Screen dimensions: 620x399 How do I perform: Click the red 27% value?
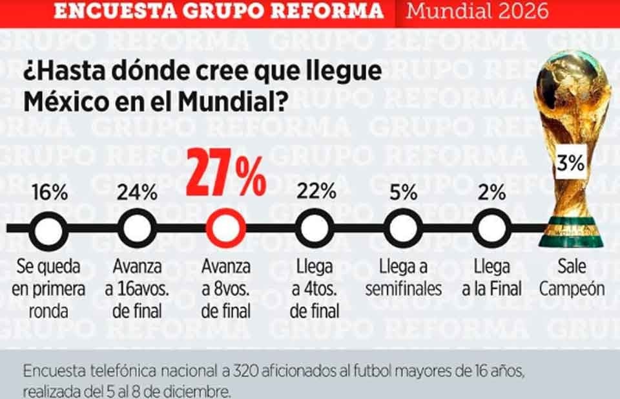pyautogui.click(x=226, y=173)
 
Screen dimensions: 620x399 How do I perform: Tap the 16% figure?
pyautogui.click(x=50, y=192)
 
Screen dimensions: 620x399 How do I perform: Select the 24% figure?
pyautogui.click(x=137, y=192)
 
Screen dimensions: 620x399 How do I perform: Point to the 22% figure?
pyautogui.click(x=316, y=191)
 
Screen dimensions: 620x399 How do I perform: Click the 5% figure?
pyautogui.click(x=403, y=192)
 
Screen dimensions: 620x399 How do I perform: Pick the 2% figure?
pyautogui.click(x=491, y=192)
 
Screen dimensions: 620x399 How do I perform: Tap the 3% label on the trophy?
pyautogui.click(x=570, y=162)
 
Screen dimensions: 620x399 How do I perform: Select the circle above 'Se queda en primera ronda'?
pyautogui.click(x=48, y=213)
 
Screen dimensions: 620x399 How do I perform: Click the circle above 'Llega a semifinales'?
pyautogui.click(x=403, y=210)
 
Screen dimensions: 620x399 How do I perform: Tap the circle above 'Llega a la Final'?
pyautogui.click(x=492, y=210)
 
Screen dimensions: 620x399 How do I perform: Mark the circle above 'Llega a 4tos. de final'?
pyautogui.click(x=315, y=210)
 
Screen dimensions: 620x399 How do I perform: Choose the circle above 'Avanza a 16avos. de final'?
pyautogui.click(x=137, y=210)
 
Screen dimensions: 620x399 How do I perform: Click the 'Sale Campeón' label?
pyautogui.click(x=572, y=278)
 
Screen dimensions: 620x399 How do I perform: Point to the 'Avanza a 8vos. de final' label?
pyautogui.click(x=226, y=289)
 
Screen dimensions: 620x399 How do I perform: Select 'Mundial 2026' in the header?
pyautogui.click(x=477, y=11)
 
